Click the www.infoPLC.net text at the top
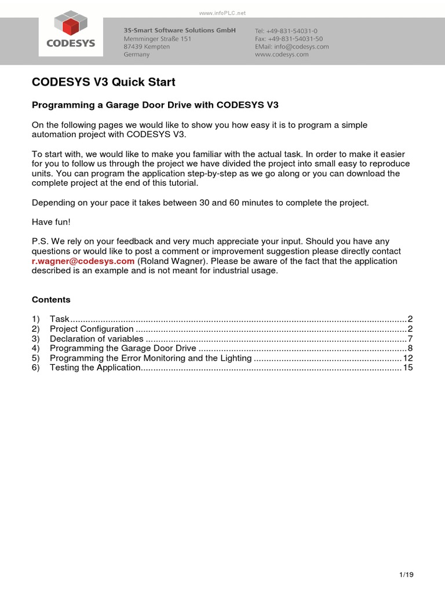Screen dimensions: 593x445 pos(222,12)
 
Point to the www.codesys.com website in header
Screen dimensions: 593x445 pos(282,54)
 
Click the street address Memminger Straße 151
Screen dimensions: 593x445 pos(157,38)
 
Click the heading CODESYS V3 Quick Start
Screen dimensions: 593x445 pos(103,82)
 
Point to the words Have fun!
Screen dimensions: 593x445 pos(51,222)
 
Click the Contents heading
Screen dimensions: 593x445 pos(51,299)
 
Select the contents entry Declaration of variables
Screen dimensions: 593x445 pos(96,338)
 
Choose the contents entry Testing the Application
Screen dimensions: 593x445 pos(96,368)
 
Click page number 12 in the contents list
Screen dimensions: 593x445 pos(408,358)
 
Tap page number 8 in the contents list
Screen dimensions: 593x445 pos(410,348)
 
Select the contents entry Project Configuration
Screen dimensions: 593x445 pos(92,328)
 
